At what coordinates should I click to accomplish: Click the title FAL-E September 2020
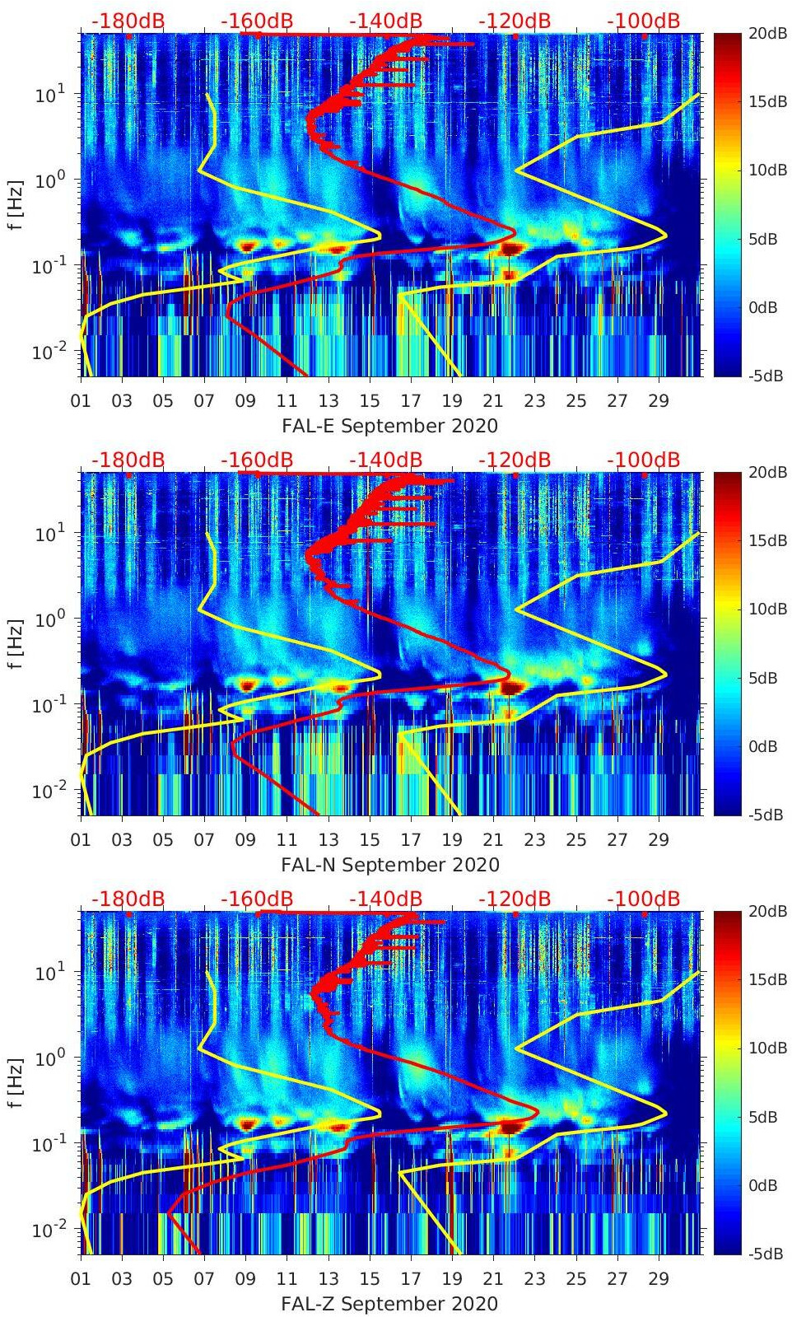(x=389, y=426)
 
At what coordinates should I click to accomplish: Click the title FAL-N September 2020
(x=389, y=865)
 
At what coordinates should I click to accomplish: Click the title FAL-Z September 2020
(x=389, y=1304)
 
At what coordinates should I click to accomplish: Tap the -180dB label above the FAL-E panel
(x=128, y=21)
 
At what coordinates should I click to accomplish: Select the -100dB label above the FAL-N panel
(x=643, y=460)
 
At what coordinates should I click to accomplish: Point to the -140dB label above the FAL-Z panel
(x=385, y=899)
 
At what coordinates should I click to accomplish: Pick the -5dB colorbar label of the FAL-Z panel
(x=764, y=1254)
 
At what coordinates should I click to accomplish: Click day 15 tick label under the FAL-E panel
(x=370, y=401)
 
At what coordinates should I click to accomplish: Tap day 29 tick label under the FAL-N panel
(x=659, y=840)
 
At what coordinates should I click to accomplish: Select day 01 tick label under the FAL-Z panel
(x=81, y=1279)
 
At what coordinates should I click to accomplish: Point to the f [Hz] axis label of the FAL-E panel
(x=16, y=204)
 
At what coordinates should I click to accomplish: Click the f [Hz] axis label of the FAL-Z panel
(x=16, y=1082)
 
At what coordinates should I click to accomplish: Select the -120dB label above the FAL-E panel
(x=515, y=21)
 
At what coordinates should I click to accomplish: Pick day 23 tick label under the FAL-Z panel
(x=535, y=1279)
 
